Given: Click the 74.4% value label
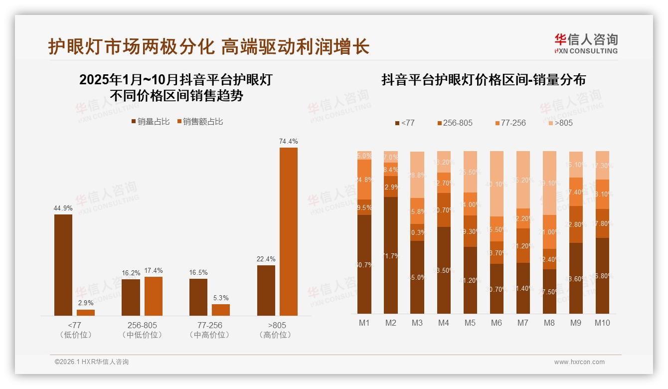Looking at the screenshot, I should (x=288, y=142).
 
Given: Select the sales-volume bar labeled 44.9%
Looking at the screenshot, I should (x=63, y=264).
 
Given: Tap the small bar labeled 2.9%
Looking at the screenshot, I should (x=86, y=312).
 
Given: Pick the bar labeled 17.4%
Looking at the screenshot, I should (x=154, y=296).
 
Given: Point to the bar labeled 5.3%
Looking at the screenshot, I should (x=221, y=310).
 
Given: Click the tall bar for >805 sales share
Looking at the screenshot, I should (x=288, y=231).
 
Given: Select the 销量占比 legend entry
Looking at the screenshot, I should (x=151, y=122).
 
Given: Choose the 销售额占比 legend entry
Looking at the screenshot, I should (x=200, y=122).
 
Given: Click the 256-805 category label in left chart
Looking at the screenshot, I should (x=142, y=325).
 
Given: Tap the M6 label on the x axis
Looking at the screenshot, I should (x=496, y=323).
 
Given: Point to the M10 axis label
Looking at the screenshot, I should (x=602, y=323).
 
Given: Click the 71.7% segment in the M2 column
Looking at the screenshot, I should (x=391, y=255).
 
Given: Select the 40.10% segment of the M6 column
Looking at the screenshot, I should (x=496, y=184).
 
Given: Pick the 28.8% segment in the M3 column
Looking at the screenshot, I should (x=417, y=175).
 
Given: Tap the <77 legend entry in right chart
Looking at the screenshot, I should (x=404, y=123).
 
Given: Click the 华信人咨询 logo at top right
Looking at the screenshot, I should (x=586, y=43).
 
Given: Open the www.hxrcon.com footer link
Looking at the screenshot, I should (x=579, y=362).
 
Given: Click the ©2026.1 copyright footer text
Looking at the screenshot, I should (x=91, y=362).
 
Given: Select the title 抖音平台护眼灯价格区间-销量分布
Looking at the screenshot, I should (x=483, y=80).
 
